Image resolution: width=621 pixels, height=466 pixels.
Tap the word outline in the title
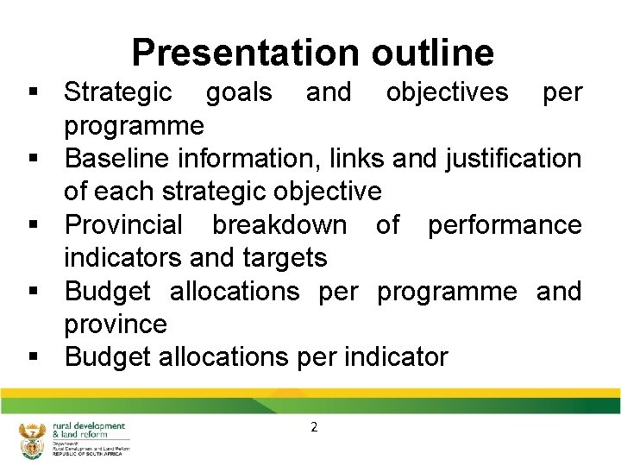point(433,53)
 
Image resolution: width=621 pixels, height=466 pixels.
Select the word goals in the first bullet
point(239,91)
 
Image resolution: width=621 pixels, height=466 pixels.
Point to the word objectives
point(447,91)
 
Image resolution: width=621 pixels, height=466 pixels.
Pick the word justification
point(513,159)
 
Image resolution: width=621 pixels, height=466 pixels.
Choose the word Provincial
point(123,225)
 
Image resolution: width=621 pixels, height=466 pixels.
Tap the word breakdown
point(279,225)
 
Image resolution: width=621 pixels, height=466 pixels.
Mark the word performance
point(505,225)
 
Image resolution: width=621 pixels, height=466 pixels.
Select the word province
point(116,324)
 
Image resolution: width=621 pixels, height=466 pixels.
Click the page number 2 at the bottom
point(314,426)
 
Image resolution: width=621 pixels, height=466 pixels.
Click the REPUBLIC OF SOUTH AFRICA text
point(87,454)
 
